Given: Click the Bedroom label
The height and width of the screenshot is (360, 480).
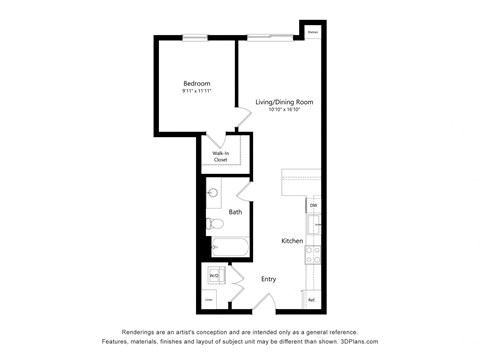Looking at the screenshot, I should [x=195, y=83].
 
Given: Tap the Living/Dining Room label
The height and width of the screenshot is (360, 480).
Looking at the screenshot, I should [x=284, y=103].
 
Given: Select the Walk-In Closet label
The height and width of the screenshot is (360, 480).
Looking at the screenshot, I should [x=219, y=155].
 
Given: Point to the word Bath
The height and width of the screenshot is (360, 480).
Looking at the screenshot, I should [x=235, y=212].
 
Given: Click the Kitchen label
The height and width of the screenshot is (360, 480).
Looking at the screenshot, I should [x=292, y=241].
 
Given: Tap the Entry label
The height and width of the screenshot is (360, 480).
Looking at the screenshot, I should [x=269, y=279].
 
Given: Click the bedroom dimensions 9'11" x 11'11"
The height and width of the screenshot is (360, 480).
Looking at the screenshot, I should [x=195, y=92].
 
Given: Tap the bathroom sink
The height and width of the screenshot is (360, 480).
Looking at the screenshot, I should [x=213, y=193].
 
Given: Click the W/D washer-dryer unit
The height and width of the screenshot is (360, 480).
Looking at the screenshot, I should [x=214, y=274].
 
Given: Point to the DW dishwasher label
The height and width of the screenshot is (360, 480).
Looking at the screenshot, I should [x=313, y=206].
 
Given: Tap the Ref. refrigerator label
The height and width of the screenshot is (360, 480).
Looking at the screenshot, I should [x=312, y=299].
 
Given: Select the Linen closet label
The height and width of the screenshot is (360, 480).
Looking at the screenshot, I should [x=210, y=299].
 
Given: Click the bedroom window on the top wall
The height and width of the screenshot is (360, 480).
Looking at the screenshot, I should [x=196, y=38].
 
